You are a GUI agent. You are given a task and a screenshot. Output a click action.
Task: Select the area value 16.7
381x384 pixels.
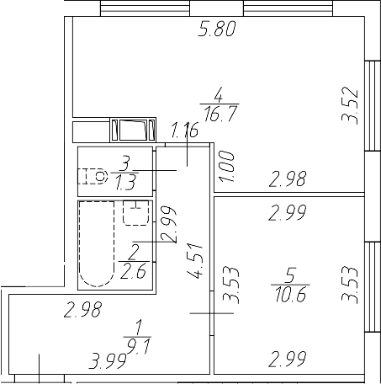[x=218, y=110]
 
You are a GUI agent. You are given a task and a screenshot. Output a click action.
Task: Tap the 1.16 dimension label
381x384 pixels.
[x=185, y=131]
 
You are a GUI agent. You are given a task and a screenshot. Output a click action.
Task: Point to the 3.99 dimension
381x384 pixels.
[x=108, y=363]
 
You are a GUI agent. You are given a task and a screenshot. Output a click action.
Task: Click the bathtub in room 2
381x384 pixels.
[x=94, y=245]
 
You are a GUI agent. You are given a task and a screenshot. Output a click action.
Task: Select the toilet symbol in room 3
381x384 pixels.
[x=94, y=177]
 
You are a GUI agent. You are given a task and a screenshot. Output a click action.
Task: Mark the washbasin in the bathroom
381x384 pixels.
[x=135, y=214]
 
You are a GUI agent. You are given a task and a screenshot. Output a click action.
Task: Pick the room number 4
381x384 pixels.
[x=218, y=93]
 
